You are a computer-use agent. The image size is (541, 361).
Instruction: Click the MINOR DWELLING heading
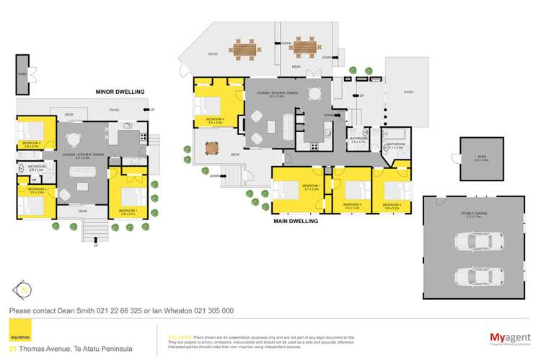pyautogui.click(x=120, y=92)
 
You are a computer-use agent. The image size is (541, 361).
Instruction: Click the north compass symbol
pyautogui.click(x=23, y=291)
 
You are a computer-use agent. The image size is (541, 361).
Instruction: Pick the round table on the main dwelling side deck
pyautogui.click(x=211, y=149)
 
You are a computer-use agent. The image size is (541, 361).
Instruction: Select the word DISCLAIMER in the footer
pyautogui.click(x=178, y=336)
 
